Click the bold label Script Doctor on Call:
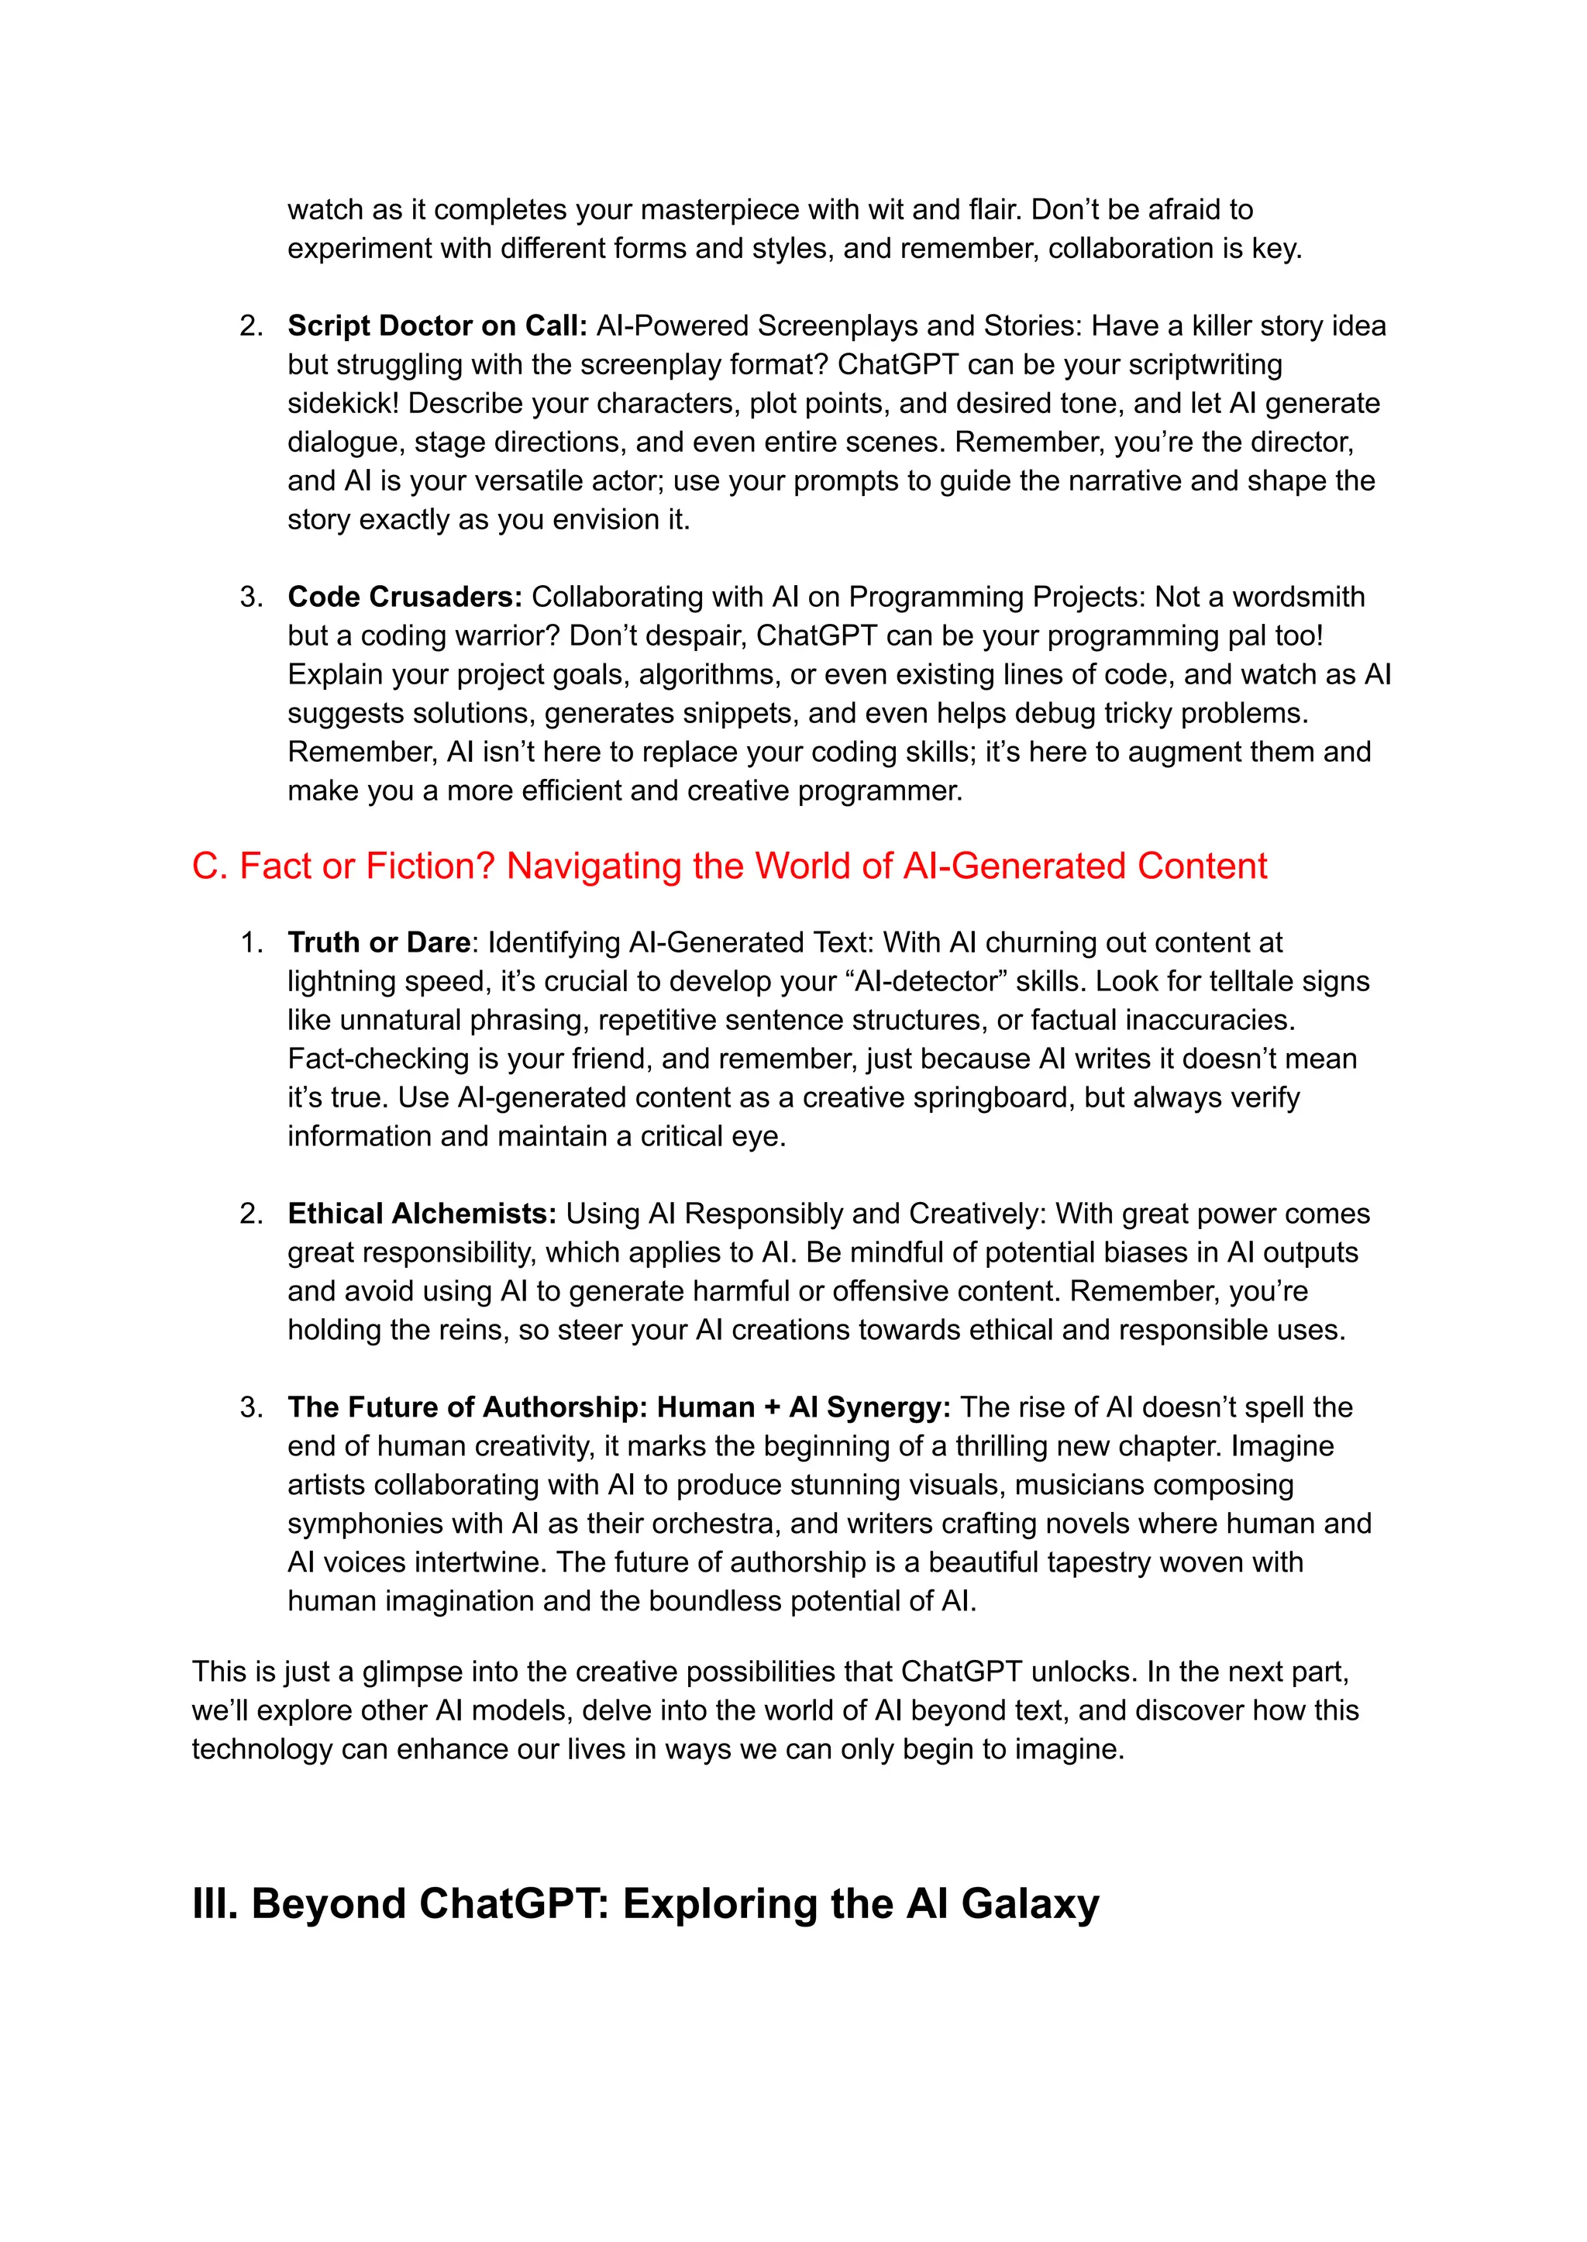pyautogui.click(x=437, y=325)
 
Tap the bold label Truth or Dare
pyautogui.click(x=378, y=942)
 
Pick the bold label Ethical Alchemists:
pyautogui.click(x=422, y=1213)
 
